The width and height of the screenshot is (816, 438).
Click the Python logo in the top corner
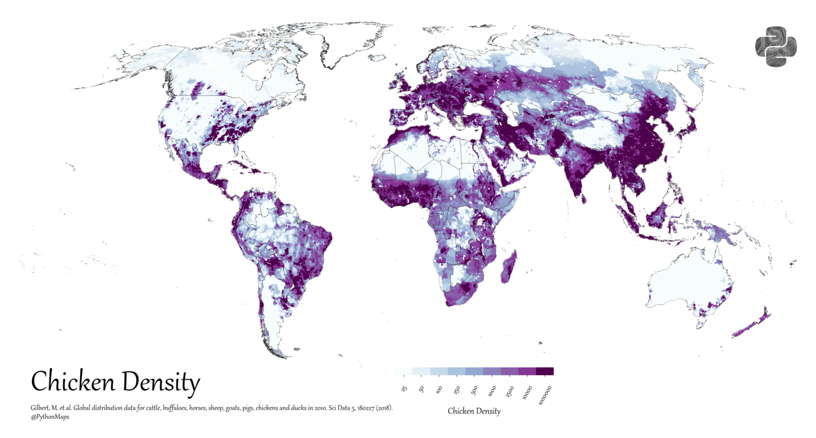(776, 46)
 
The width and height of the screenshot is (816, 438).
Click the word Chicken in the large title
(73, 382)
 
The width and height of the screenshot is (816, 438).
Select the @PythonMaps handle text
(50, 417)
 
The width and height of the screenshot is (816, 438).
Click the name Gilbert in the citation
(41, 408)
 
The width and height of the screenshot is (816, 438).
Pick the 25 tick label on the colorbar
(404, 390)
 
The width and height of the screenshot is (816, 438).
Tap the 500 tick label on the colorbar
(474, 391)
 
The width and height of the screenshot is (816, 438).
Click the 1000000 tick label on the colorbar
(546, 395)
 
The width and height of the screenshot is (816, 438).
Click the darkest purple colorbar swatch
(545, 371)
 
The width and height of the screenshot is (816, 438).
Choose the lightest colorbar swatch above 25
(404, 371)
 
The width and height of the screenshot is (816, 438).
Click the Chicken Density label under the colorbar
(474, 411)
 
